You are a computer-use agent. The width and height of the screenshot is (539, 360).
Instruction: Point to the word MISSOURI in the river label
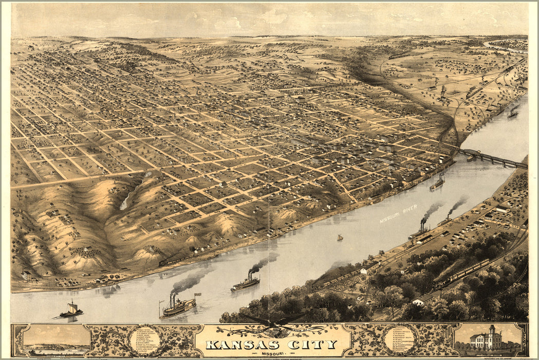(x=392, y=217)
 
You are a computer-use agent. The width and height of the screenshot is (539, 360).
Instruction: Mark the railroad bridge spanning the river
(x=492, y=158)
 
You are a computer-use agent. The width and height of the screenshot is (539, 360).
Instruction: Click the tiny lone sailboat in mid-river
(x=340, y=238)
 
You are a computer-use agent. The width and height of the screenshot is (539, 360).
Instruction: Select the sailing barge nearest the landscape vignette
(x=71, y=310)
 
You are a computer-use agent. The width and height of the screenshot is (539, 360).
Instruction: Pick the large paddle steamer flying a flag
(x=177, y=307)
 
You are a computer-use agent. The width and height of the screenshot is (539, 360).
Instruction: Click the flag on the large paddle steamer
(x=197, y=295)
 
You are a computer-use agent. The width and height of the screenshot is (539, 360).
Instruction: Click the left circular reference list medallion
(x=145, y=339)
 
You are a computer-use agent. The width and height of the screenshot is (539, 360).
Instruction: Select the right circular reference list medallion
(x=400, y=339)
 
